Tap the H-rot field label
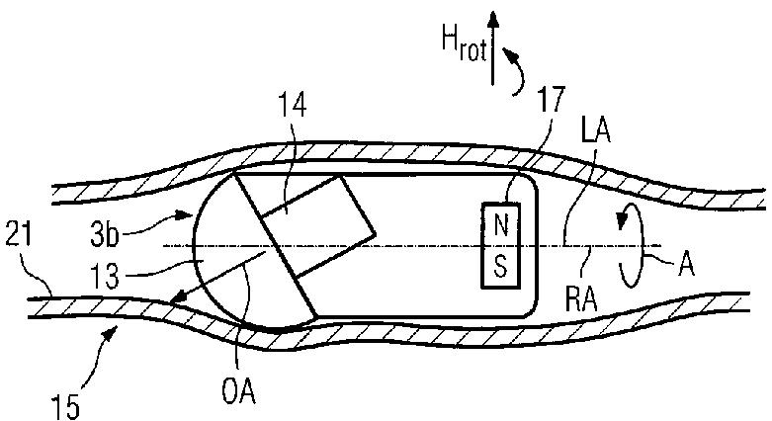[465, 45]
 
